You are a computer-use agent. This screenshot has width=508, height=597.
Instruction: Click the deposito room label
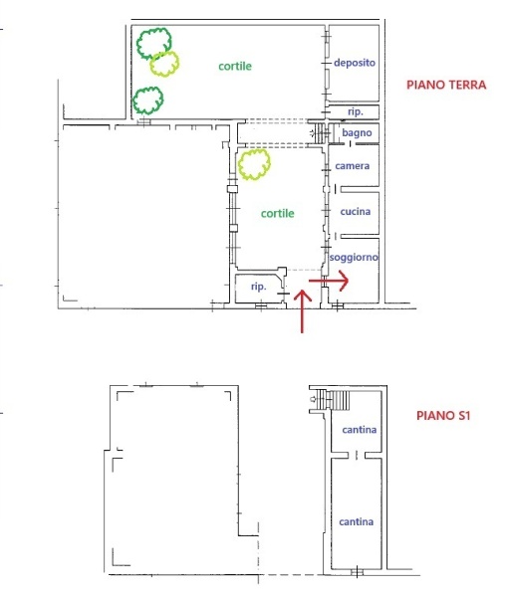(x=355, y=63)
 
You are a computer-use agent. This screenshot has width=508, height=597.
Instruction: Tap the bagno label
(x=357, y=133)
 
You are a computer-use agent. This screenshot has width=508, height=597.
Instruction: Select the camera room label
(x=353, y=166)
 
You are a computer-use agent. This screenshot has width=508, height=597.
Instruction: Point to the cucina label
(x=356, y=211)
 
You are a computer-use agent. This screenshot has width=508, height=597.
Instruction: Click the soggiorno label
(x=354, y=258)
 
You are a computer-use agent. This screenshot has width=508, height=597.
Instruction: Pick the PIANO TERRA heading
(x=446, y=85)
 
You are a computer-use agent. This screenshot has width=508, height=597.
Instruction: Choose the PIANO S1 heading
(x=443, y=415)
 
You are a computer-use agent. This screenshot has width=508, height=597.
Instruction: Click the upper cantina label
(x=360, y=430)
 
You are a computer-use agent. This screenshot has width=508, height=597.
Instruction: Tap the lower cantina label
(x=357, y=521)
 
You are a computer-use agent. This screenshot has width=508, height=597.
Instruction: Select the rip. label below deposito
(x=356, y=111)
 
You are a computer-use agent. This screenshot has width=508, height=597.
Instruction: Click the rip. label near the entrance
(x=258, y=287)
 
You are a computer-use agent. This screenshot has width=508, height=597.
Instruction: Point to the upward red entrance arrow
(x=303, y=311)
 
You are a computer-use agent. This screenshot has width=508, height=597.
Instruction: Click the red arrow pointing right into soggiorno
(x=329, y=281)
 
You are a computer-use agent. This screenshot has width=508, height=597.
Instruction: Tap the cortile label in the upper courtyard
(x=235, y=67)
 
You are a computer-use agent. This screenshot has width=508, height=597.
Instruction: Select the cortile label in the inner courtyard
(x=278, y=214)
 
